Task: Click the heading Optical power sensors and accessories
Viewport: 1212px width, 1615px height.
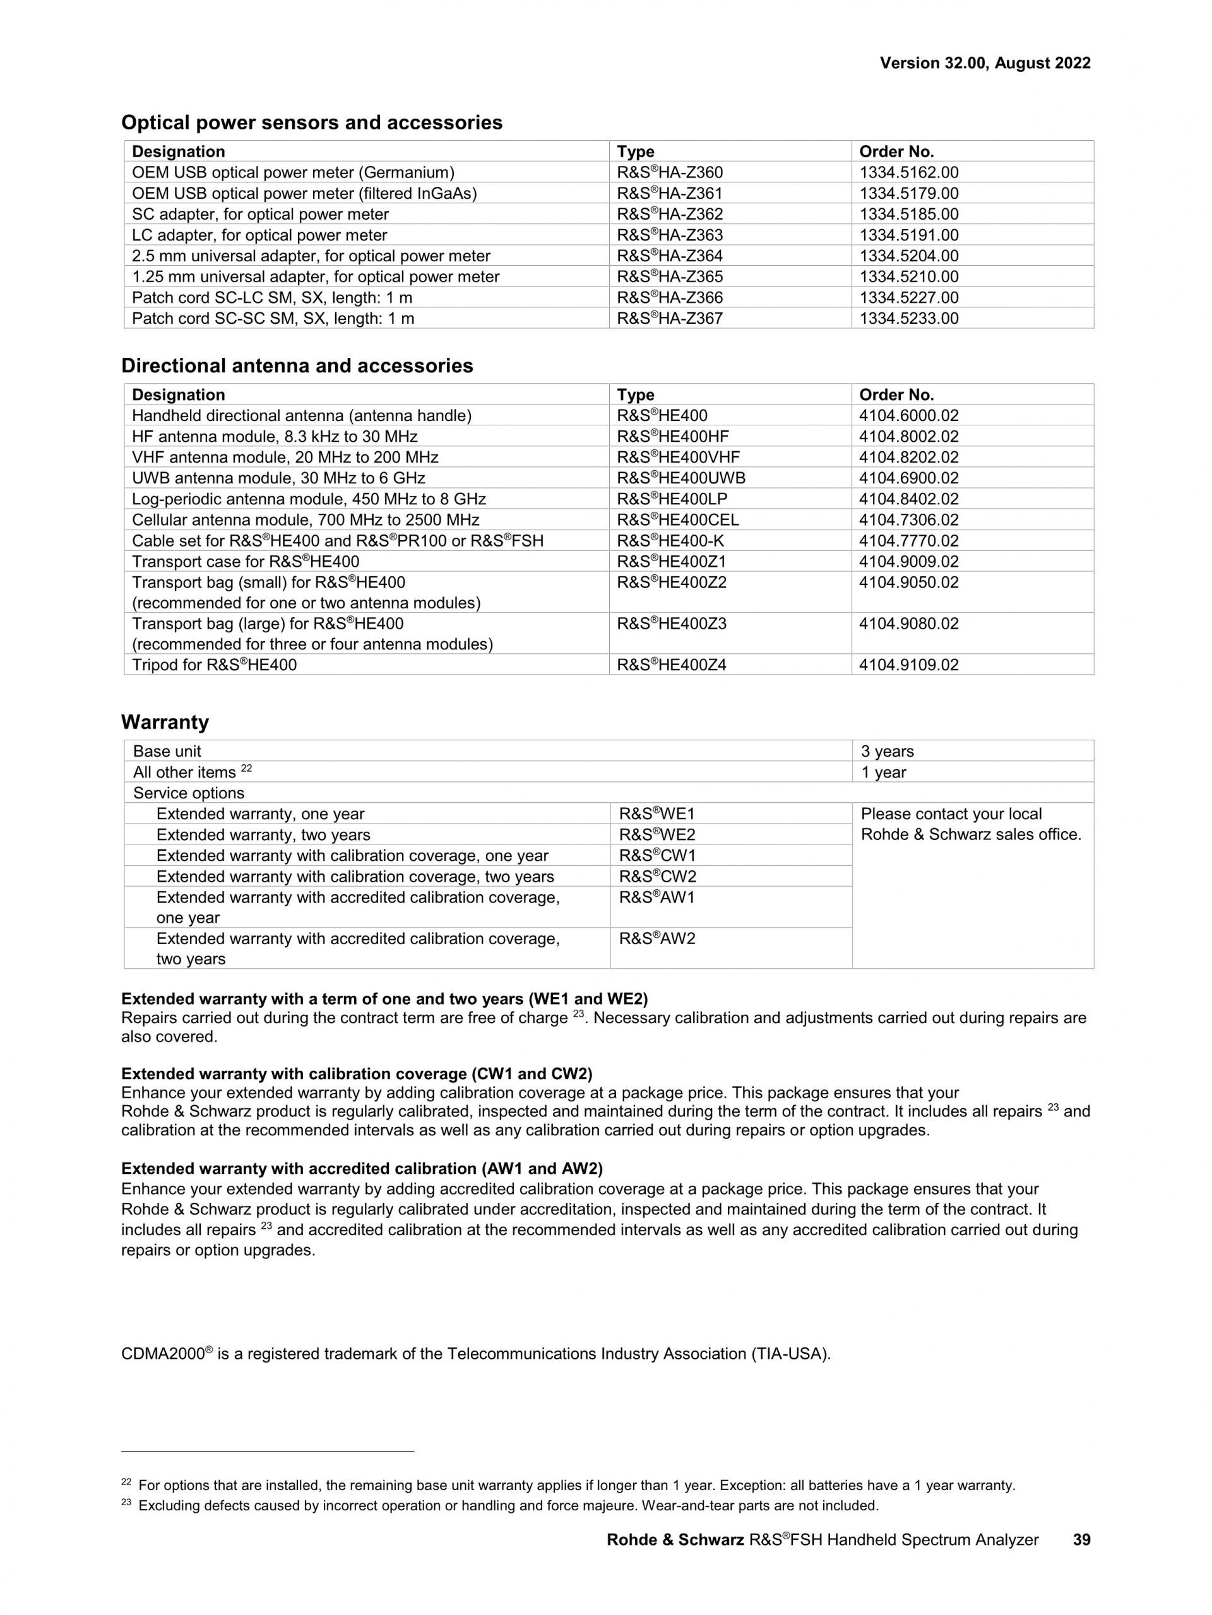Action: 312,122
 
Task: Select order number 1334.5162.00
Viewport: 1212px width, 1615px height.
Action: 909,173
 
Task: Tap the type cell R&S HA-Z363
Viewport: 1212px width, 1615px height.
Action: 670,235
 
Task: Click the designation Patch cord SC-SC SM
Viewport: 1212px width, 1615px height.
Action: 273,318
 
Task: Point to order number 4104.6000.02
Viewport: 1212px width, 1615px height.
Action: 909,415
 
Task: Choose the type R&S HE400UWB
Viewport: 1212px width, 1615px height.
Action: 681,478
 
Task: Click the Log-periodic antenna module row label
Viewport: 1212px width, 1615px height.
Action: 309,499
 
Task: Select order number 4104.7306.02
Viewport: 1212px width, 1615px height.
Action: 909,520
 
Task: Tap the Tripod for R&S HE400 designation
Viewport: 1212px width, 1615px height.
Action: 215,665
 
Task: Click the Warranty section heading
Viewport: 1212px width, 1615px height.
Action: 165,722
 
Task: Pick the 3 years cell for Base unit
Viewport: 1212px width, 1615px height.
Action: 887,751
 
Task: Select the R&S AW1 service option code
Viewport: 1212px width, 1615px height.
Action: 657,897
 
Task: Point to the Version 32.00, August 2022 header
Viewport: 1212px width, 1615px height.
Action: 985,64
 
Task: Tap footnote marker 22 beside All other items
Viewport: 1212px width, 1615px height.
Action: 246,769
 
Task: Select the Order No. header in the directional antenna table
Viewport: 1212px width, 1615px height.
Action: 896,395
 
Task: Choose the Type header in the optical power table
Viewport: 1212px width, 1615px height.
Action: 635,152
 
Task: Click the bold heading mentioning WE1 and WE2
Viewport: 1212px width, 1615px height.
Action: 384,999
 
